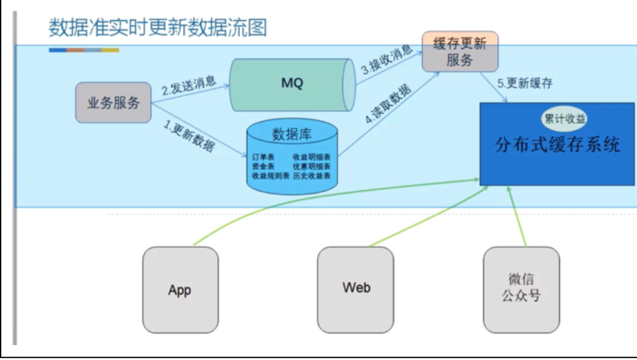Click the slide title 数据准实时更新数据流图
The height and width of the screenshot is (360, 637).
tap(157, 28)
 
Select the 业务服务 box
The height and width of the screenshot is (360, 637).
tap(113, 103)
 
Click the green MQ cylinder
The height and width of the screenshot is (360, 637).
tap(292, 83)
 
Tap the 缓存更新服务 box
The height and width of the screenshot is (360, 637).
tap(460, 52)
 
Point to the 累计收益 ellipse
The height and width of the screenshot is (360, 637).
tap(563, 119)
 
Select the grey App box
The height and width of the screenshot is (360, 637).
tap(180, 290)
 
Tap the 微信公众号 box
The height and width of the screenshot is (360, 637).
tap(521, 288)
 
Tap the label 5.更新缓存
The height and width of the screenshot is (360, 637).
tap(525, 83)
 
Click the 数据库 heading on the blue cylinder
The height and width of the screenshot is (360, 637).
tap(292, 134)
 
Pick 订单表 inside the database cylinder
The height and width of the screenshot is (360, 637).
tap(262, 157)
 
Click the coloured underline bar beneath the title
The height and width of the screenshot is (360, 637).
tap(84, 50)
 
